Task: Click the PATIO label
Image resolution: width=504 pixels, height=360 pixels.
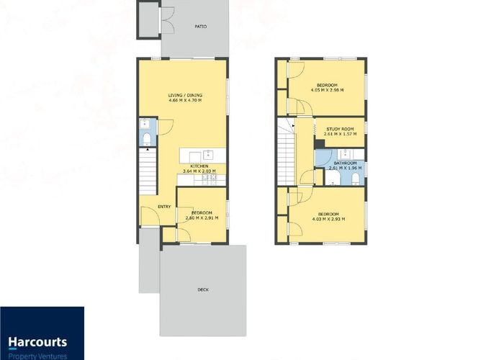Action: click(201, 27)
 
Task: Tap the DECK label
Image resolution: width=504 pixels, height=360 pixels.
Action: click(203, 289)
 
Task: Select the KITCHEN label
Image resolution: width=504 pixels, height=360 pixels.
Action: click(200, 166)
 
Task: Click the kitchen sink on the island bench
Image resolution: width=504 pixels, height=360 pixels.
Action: click(207, 154)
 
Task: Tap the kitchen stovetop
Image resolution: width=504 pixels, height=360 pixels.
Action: click(210, 177)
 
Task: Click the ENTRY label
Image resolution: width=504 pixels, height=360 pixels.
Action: click(165, 207)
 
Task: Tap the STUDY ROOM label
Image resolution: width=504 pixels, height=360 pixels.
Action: click(338, 128)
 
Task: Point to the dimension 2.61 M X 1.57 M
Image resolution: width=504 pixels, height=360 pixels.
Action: click(338, 134)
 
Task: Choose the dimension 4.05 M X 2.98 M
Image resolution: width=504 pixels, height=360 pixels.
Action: click(328, 91)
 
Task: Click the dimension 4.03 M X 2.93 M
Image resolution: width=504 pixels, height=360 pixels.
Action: click(328, 218)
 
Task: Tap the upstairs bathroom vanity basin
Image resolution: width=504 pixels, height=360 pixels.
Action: click(345, 153)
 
